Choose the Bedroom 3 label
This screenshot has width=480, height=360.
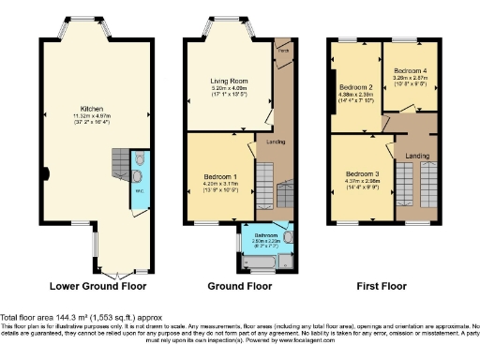[361, 173]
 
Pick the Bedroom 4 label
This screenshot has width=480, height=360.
[411, 71]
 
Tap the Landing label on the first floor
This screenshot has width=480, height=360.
[417, 156]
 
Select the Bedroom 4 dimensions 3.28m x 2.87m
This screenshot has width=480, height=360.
[411, 80]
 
